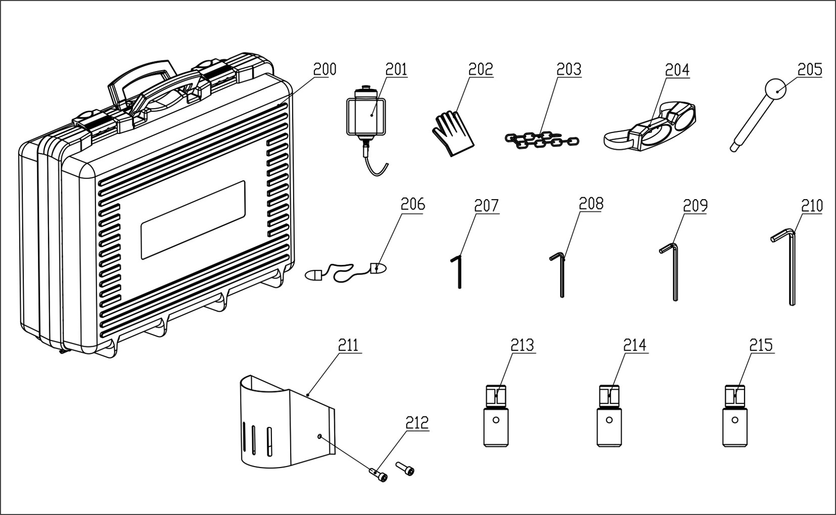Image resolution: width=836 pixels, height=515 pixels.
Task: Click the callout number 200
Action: [324, 69]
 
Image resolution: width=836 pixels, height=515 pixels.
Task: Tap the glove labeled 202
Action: [453, 133]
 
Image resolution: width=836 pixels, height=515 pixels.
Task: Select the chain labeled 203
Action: [541, 139]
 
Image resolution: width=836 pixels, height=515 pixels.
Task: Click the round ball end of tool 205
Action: [775, 89]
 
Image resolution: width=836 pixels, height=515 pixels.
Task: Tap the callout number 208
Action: [591, 204]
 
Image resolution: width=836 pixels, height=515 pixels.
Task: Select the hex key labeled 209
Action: [671, 270]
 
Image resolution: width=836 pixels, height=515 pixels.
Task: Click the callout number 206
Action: [413, 205]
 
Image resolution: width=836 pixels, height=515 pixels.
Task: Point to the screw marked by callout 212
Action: [378, 475]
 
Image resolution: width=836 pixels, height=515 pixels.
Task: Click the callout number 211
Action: [348, 345]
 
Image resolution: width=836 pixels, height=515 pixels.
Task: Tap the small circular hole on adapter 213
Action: [496, 420]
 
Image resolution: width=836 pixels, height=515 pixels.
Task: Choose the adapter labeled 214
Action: [609, 416]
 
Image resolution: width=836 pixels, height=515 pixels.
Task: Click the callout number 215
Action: [761, 345]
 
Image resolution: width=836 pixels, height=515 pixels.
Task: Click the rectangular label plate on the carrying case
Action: [193, 220]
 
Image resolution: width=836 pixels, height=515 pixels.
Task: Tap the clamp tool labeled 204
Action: [650, 127]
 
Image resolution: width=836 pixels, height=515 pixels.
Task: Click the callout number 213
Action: [523, 345]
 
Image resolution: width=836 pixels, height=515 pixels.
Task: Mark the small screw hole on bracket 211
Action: [319, 436]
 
